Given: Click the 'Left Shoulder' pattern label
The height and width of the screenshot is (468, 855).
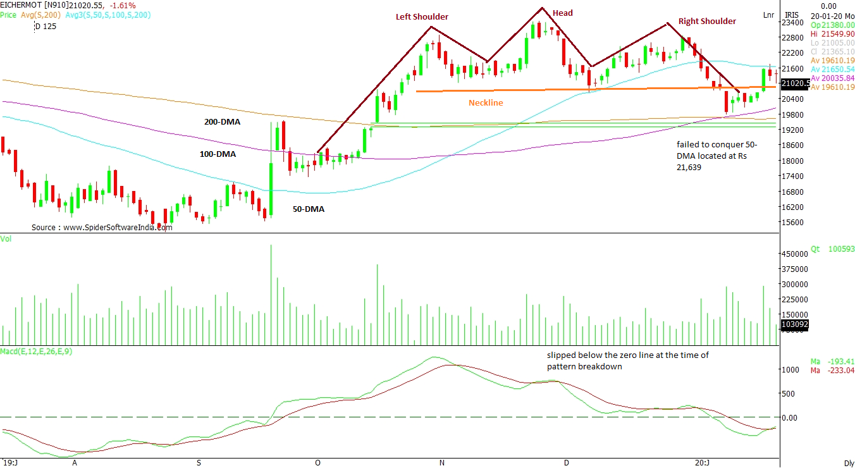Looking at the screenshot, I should [422, 17].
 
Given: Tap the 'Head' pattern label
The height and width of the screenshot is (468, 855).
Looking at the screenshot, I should [562, 13].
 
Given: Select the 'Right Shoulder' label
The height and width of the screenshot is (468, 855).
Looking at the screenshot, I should [707, 22].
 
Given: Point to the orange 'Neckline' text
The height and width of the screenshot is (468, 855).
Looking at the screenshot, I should [486, 102].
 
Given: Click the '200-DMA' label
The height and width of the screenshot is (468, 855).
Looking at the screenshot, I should [222, 121].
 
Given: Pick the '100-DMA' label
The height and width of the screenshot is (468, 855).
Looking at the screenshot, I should [218, 154].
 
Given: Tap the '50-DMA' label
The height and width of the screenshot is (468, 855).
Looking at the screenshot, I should [309, 209].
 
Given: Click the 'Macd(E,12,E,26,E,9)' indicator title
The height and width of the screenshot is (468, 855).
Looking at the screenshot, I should [36, 352].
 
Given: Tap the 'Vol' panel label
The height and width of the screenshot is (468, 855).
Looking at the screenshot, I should [6, 238].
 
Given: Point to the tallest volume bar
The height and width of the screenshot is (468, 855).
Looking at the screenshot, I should [271, 295].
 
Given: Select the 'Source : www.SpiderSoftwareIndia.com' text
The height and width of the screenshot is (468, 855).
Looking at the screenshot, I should [102, 227].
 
